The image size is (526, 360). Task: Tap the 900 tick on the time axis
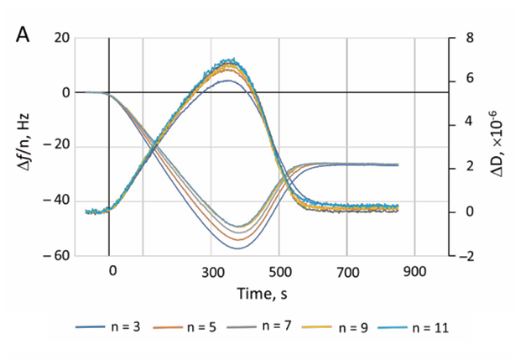pos(414,272)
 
